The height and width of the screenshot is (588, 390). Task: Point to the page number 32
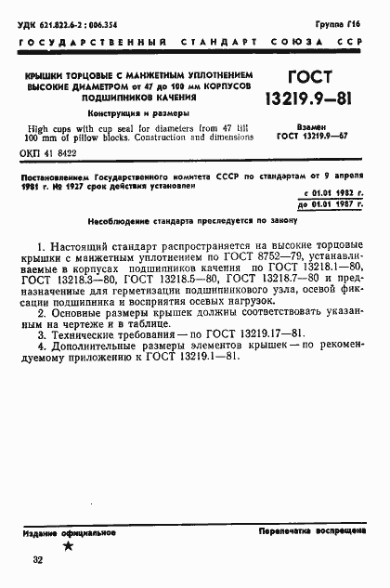(x=37, y=560)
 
